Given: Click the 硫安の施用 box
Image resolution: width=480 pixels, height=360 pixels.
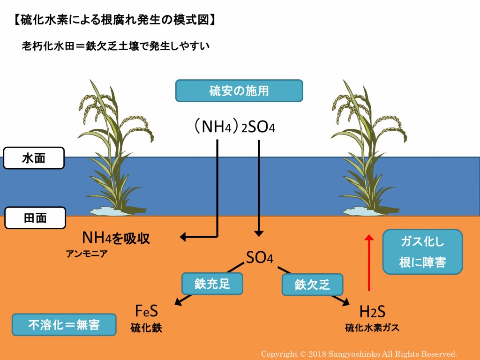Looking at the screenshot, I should click(239, 91).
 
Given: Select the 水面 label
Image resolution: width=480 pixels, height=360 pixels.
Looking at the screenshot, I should click(34, 158).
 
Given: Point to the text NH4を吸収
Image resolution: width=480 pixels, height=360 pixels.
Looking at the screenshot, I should click(116, 238).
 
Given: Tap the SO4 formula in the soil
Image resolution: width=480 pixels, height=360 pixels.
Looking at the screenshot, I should click(259, 257).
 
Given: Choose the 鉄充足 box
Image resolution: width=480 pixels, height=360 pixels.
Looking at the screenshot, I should click(212, 283).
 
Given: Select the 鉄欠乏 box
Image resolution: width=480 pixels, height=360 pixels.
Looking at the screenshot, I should click(312, 285).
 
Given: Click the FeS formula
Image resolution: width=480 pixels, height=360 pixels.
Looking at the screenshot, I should click(146, 311).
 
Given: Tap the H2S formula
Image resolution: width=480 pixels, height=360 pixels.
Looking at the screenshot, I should click(372, 311).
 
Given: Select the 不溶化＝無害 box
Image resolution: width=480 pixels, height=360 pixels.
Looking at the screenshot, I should click(64, 325).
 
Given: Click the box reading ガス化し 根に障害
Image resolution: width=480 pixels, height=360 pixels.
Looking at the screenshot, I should click(422, 252).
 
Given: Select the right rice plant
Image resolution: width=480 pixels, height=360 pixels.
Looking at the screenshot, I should click(366, 150).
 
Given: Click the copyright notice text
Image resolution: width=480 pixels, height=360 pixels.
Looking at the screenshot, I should click(359, 354).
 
